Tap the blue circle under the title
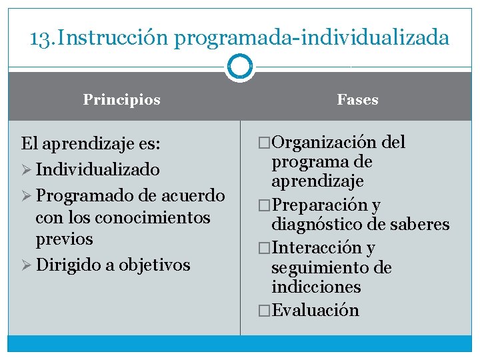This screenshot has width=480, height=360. pyautogui.click(x=239, y=66)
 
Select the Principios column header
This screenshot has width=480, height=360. pyautogui.click(x=121, y=100)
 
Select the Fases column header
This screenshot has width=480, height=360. pyautogui.click(x=357, y=100)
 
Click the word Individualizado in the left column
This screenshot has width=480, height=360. pyautogui.click(x=98, y=169)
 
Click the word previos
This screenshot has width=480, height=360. pyautogui.click(x=64, y=239)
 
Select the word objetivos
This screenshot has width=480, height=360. pyautogui.click(x=155, y=265)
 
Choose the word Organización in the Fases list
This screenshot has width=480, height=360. pyautogui.click(x=325, y=143)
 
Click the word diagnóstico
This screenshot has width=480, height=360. pyautogui.click(x=317, y=225)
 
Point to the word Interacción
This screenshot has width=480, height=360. pyautogui.click(x=316, y=248)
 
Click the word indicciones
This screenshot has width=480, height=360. pyautogui.click(x=316, y=287)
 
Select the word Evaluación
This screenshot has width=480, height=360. pyautogui.click(x=315, y=311)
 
